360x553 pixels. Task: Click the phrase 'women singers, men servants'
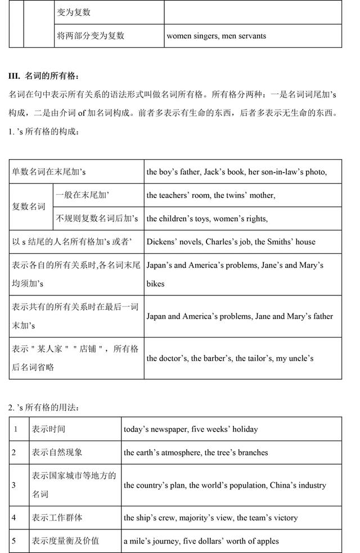click(217, 36)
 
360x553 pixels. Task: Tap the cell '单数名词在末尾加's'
click(49, 172)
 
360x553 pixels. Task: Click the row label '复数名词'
click(29, 206)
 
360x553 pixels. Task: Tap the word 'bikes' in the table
click(156, 284)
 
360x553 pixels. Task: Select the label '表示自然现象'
click(57, 452)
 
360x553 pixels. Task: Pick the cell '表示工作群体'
click(57, 518)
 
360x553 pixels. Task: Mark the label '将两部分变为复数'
click(91, 36)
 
